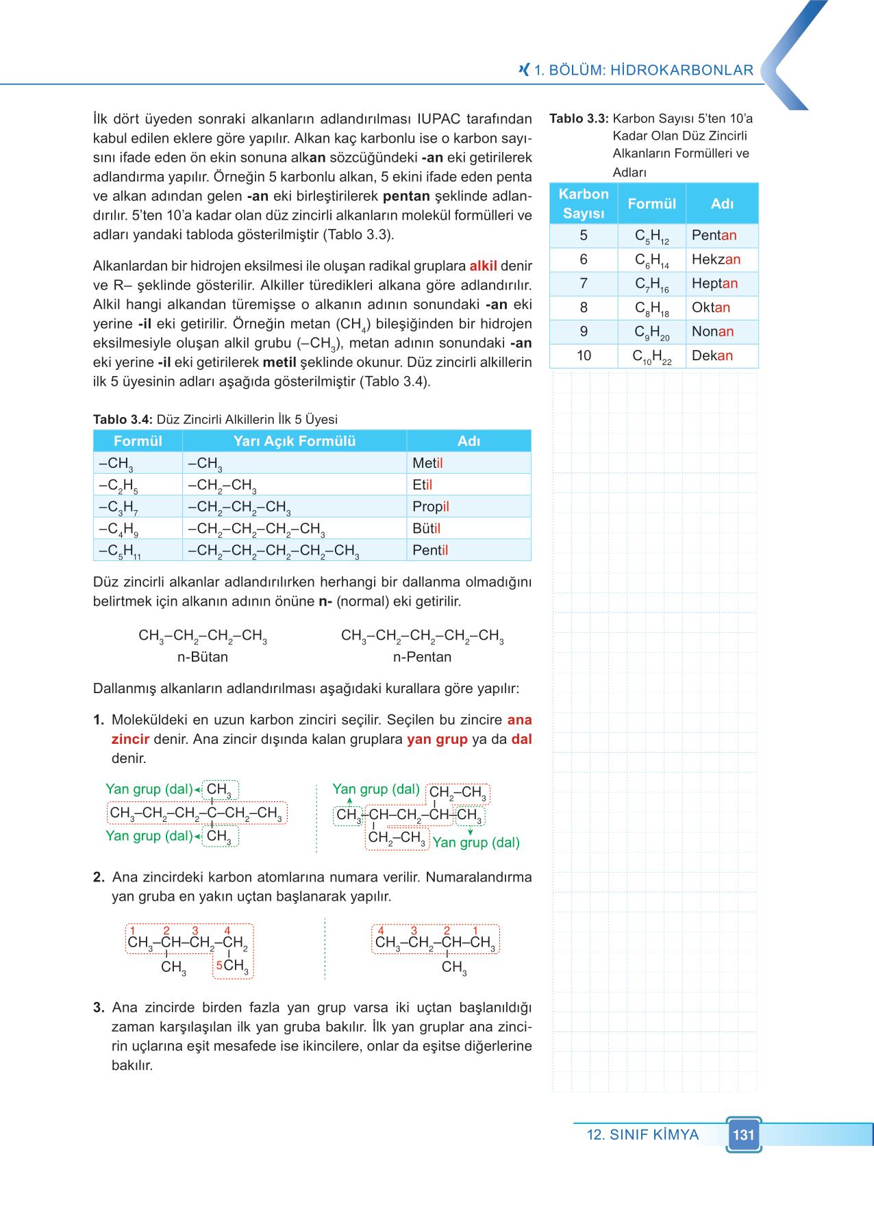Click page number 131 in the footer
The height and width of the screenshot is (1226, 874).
coord(743,1135)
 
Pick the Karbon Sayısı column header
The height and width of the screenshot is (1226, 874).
coord(584,203)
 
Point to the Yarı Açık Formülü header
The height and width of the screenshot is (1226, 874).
coord(295,441)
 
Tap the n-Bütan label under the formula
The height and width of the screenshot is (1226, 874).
coord(203,657)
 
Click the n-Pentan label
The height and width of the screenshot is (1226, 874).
coord(422,657)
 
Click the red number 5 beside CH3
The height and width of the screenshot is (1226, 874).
coord(218,965)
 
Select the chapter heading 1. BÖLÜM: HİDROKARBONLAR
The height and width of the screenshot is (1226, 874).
coord(643,70)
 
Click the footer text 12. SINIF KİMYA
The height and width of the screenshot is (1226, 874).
coord(642,1135)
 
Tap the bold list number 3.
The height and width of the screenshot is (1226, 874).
coord(99,1008)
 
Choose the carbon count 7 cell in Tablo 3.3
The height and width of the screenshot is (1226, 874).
coord(584,284)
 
